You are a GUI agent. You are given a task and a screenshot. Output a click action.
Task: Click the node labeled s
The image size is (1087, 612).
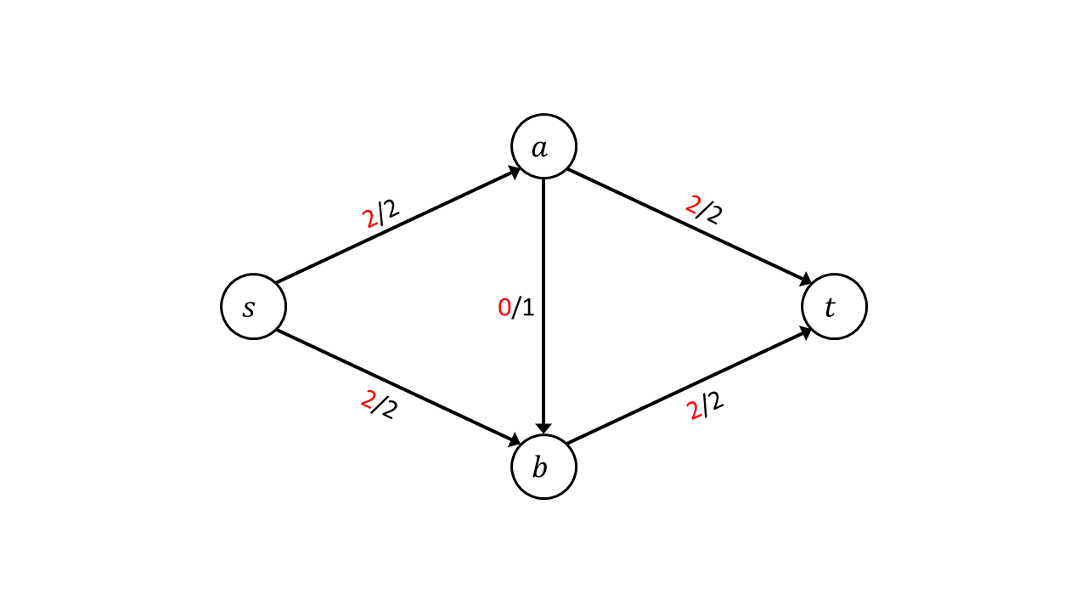pyautogui.click(x=253, y=307)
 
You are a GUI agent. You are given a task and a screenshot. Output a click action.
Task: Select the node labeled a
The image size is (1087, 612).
pyautogui.click(x=543, y=146)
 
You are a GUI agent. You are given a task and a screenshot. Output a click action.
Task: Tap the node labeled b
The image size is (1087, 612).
pyautogui.click(x=543, y=467)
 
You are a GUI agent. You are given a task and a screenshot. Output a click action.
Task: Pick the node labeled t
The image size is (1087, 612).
pyautogui.click(x=834, y=307)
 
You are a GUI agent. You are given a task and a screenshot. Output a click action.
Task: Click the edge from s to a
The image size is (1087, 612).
pyautogui.click(x=398, y=225)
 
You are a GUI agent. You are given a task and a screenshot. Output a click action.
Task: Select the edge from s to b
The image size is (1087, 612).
pyautogui.click(x=398, y=388)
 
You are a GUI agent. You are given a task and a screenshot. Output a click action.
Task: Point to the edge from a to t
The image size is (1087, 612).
pyautogui.click(x=689, y=226)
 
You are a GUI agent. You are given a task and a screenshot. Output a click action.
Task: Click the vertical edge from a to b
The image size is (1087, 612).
pyautogui.click(x=543, y=306)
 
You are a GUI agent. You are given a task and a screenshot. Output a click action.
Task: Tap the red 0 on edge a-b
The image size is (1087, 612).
pyautogui.click(x=504, y=308)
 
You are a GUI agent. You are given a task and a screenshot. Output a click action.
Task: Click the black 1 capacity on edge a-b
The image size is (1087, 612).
pyautogui.click(x=527, y=308)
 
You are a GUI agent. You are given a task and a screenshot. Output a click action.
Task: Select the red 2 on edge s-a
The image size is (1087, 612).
pyautogui.click(x=371, y=219)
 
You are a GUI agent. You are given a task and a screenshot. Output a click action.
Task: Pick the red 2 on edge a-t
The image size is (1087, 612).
pyautogui.click(x=693, y=205)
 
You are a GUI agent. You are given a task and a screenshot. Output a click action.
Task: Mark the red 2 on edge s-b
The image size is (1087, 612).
pyautogui.click(x=368, y=400)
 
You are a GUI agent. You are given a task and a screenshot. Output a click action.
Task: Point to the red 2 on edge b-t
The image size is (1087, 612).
pyautogui.click(x=695, y=411)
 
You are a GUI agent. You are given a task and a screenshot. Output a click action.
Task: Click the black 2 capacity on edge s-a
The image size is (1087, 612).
pyautogui.click(x=391, y=209)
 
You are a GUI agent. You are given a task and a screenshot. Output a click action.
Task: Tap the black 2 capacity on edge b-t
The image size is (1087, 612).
pyautogui.click(x=715, y=401)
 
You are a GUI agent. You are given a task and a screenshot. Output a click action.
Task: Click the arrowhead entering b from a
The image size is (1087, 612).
pyautogui.click(x=543, y=428)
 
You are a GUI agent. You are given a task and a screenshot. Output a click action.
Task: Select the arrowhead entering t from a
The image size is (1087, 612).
pyautogui.click(x=806, y=280)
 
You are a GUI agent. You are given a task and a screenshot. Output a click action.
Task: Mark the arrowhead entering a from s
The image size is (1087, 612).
pyautogui.click(x=515, y=172)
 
